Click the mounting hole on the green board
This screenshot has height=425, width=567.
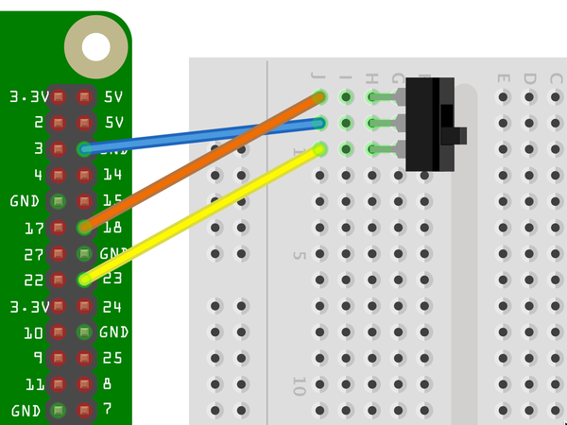tap(95, 46)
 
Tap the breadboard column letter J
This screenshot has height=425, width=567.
tap(319, 76)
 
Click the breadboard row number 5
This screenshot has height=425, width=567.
tap(299, 255)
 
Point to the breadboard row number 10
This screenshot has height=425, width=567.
tap(299, 385)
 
